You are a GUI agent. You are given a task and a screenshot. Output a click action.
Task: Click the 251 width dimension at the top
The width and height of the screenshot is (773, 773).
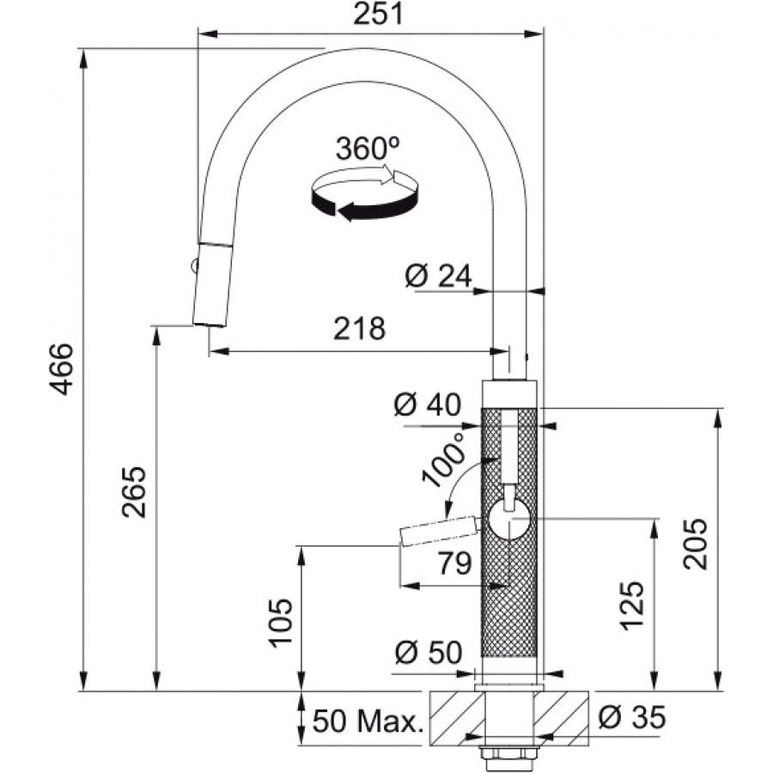click(378, 15)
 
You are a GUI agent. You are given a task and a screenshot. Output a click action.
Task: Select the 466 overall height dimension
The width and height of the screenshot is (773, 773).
click(62, 369)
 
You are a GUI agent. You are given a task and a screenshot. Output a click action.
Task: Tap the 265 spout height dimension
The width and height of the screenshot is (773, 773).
click(134, 491)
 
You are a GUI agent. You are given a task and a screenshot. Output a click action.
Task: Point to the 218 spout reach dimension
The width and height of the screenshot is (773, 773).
click(359, 328)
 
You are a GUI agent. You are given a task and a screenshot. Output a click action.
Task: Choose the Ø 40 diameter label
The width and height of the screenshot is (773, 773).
click(428, 405)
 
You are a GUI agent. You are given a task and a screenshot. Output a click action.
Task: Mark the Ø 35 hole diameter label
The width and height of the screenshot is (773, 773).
click(632, 717)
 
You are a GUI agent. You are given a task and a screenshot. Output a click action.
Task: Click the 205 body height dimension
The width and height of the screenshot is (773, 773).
click(695, 545)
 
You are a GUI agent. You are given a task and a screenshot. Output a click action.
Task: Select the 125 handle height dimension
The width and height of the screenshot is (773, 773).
click(632, 606)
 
